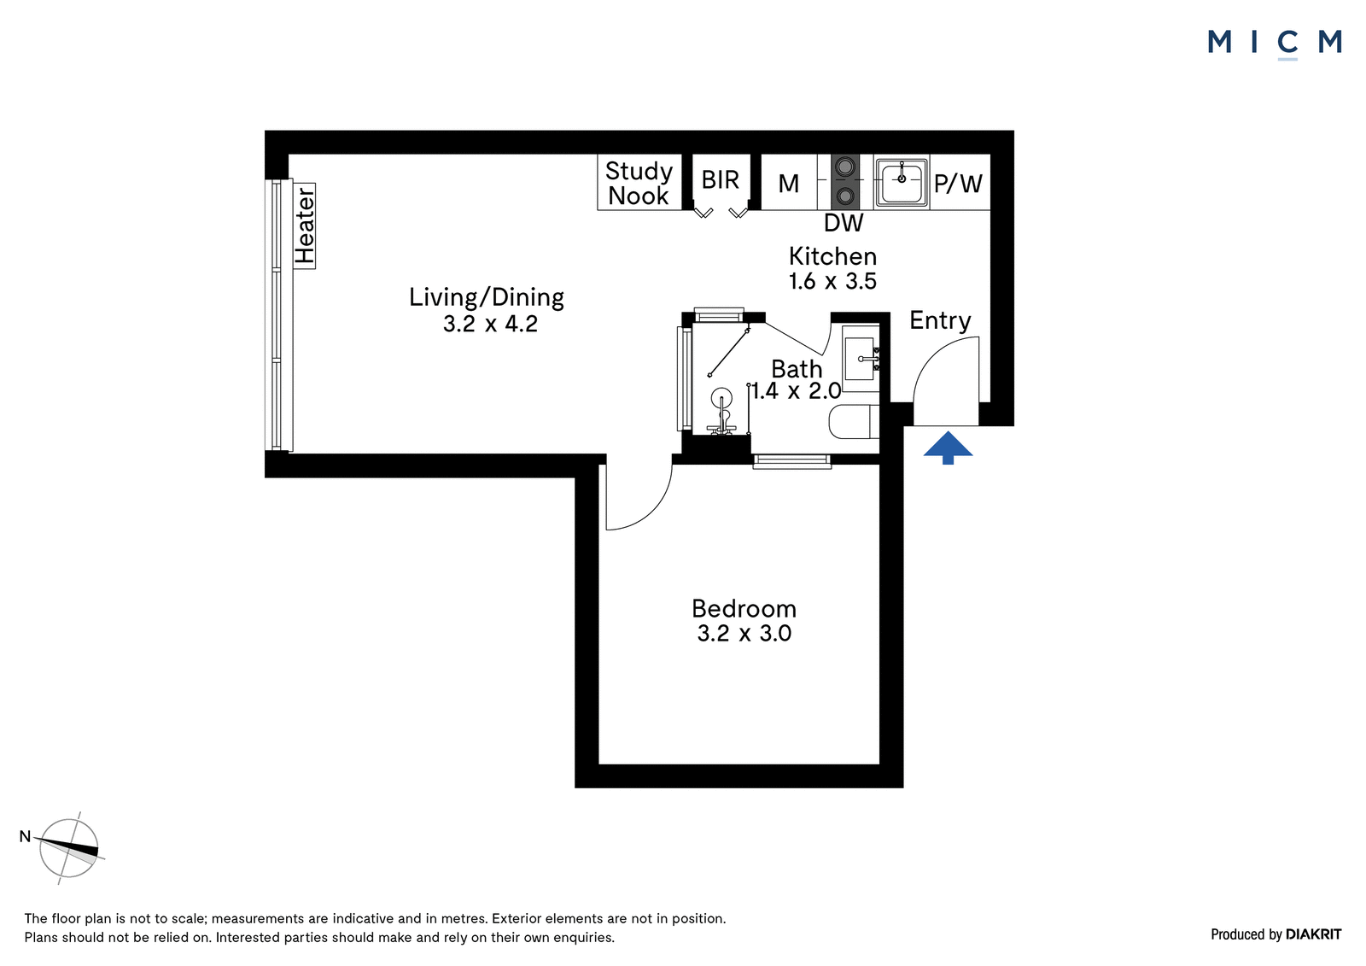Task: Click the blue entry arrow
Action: pos(948,448)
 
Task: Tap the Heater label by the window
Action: pos(304,225)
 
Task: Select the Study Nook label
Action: pos(639,183)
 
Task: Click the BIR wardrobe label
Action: pos(721,180)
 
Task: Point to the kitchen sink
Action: pos(902,181)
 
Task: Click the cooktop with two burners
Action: pos(845,181)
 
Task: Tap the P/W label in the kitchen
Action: pos(958,183)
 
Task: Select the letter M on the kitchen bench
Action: pos(789,183)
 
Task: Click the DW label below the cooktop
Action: pos(844,223)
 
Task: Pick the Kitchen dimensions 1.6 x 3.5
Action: pos(832,281)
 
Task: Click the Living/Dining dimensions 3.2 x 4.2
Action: pos(490,324)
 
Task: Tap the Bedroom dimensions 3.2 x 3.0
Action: pos(744,634)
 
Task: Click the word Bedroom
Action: pos(744,608)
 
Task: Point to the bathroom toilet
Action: pos(854,422)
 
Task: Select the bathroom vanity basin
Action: pos(861,359)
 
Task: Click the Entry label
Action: pos(940,321)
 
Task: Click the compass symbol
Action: pos(68,848)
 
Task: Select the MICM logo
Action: pos(1275,44)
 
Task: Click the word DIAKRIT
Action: pos(1314,934)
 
